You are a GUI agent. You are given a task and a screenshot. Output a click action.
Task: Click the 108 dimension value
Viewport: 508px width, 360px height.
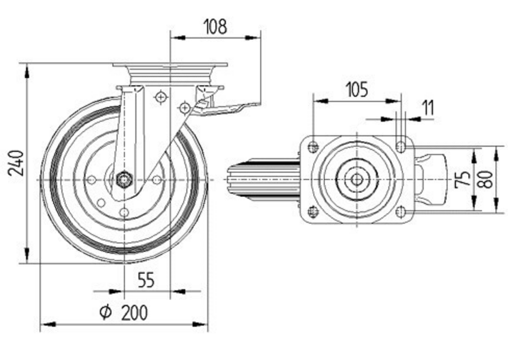click(x=215, y=27)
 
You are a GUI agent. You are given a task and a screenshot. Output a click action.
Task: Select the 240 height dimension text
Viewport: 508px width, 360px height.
click(x=17, y=162)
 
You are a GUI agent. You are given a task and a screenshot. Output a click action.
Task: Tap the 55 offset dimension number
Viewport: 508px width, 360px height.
click(x=146, y=280)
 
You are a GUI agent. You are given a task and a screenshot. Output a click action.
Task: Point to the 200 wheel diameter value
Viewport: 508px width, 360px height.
click(x=135, y=313)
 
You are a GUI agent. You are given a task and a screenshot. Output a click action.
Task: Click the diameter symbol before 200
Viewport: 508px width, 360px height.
click(x=105, y=313)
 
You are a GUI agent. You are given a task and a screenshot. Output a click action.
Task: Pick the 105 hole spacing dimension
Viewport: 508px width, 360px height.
click(x=357, y=90)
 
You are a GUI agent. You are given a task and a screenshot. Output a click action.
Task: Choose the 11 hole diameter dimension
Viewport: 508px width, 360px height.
click(x=428, y=108)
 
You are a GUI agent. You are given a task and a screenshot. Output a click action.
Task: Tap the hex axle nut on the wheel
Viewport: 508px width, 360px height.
click(x=123, y=179)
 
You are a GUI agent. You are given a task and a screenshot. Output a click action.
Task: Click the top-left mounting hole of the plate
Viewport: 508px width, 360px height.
click(x=313, y=147)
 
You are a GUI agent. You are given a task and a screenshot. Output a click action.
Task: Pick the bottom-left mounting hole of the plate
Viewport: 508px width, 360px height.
click(x=313, y=211)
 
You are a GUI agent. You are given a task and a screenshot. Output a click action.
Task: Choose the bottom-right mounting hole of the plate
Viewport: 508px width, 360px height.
click(x=401, y=211)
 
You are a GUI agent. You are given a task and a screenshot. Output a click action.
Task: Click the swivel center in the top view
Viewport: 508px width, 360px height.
click(x=357, y=179)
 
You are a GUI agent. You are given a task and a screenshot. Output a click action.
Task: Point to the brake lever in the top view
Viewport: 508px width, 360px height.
click(x=432, y=179)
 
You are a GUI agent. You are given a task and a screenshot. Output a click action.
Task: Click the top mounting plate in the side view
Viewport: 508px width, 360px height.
click(x=170, y=66)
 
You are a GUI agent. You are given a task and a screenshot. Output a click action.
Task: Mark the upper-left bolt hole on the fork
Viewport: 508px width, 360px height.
click(x=161, y=96)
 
